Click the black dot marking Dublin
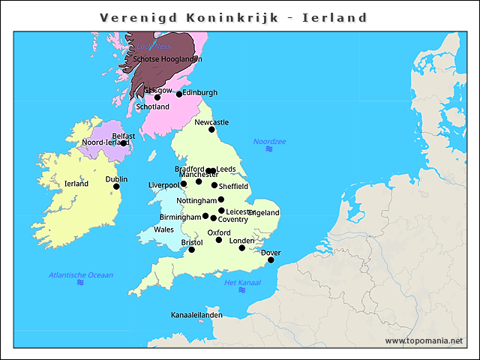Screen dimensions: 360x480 116,186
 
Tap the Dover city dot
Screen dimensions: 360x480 271,260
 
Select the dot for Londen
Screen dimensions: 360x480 241,247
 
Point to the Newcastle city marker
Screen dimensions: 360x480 211,130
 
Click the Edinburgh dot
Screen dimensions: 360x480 179,94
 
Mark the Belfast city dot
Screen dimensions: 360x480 123,143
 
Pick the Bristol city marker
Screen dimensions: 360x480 191,250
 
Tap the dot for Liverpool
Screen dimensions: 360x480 184,184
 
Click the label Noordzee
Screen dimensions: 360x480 269,141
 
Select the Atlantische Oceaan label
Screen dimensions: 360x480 81,274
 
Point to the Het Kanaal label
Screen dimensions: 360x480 242,282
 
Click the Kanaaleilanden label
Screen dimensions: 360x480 196,315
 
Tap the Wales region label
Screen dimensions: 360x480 163,229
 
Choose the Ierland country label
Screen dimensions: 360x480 76,183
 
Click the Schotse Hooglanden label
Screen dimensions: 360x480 167,59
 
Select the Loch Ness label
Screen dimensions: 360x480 153,46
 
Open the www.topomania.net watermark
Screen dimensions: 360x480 424,341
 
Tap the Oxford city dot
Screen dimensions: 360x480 219,240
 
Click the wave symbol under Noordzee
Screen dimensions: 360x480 269,150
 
